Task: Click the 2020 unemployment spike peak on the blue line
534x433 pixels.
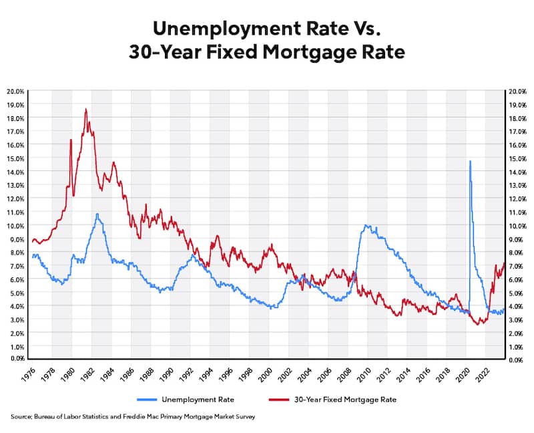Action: pos(470,161)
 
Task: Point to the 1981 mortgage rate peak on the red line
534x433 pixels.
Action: pos(85,110)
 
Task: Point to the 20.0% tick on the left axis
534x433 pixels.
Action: pos(16,91)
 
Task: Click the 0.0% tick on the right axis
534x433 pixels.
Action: pos(518,360)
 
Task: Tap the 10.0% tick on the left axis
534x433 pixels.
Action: pos(16,225)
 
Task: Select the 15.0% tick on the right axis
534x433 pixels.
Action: pos(518,158)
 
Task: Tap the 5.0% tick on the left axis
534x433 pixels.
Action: pos(16,293)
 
